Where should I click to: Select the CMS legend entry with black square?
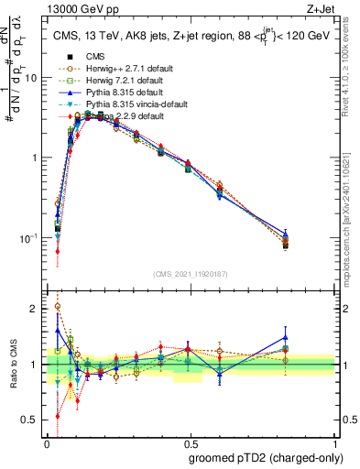[94, 57]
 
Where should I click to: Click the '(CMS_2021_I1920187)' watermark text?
[191, 274]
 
